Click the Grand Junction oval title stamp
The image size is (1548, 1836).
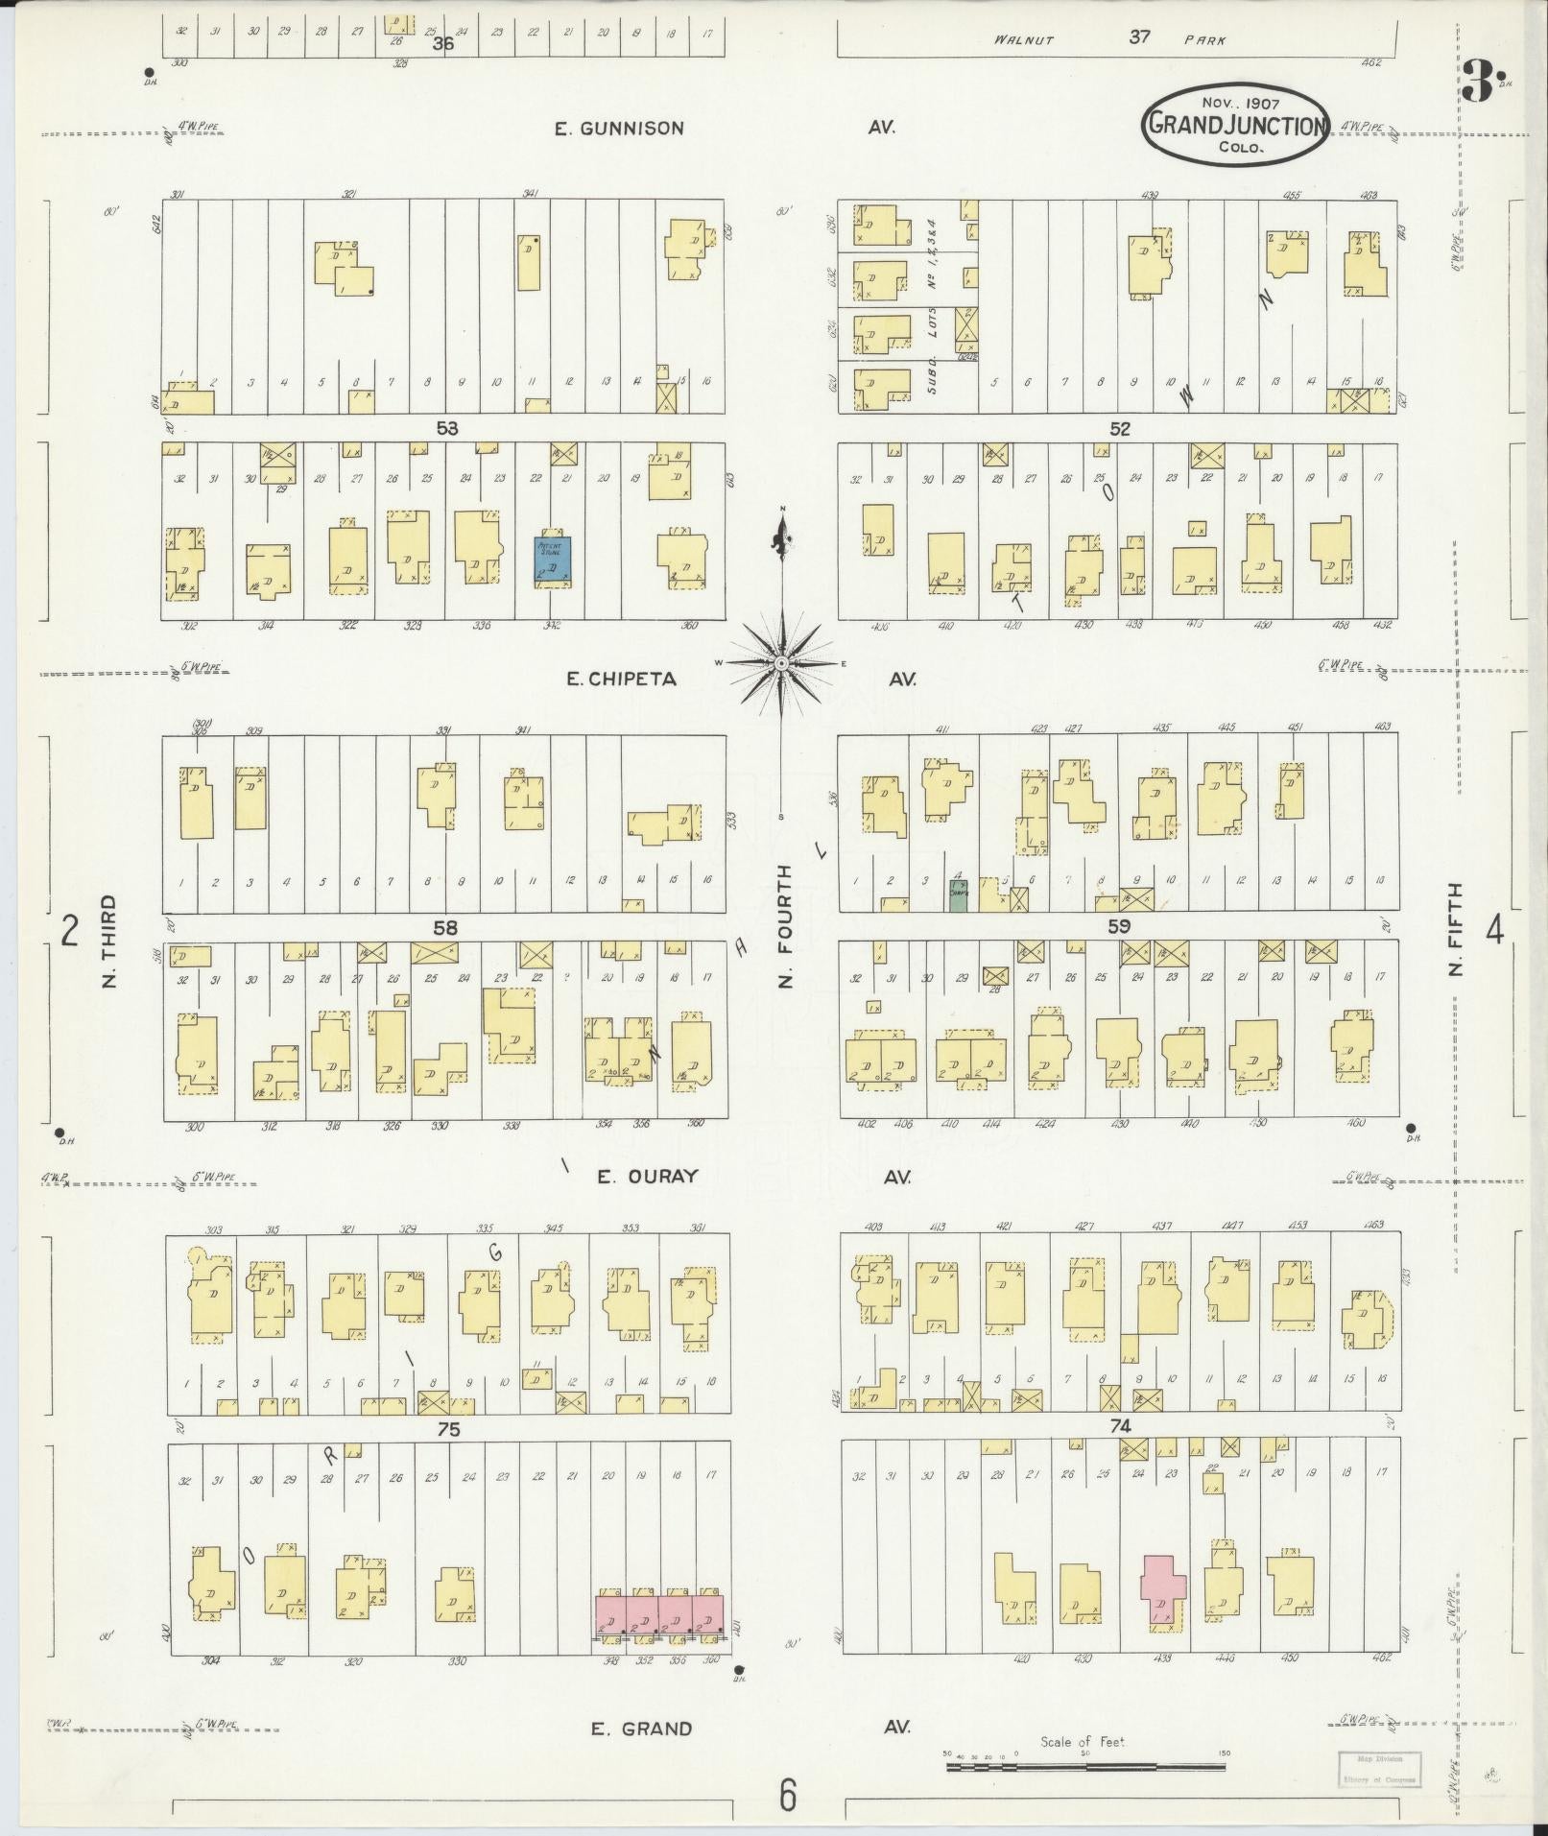[x=1235, y=124]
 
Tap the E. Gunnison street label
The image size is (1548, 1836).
[x=619, y=128]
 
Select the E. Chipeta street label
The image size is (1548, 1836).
[x=621, y=680]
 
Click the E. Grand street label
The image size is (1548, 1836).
[x=640, y=1729]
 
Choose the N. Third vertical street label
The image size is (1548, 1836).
[x=108, y=942]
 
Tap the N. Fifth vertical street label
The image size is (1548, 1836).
[x=1457, y=930]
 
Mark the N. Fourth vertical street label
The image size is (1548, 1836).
[x=784, y=926]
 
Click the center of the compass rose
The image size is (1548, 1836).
[x=782, y=663]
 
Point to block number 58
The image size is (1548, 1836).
[x=445, y=928]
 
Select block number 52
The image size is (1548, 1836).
[x=1120, y=429]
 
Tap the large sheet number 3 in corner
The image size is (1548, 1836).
[x=1477, y=83]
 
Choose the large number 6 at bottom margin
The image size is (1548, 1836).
[x=787, y=1795]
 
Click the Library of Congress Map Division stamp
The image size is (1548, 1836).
[x=1380, y=1768]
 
